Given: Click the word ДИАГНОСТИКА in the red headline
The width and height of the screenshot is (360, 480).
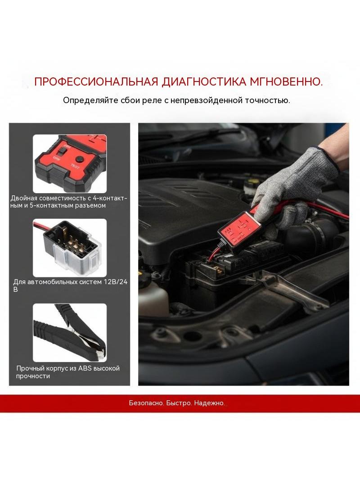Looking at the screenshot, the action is [x=204, y=82].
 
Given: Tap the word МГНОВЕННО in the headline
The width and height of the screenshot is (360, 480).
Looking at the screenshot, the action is [x=286, y=82].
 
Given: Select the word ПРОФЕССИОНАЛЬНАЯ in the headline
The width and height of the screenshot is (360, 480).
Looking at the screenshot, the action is [x=96, y=82].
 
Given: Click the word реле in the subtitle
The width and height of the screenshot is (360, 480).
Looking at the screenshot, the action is [x=152, y=101].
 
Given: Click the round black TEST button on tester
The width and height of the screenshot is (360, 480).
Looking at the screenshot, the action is [x=80, y=159].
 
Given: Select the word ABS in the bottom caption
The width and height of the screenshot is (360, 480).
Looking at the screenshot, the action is [x=85, y=368].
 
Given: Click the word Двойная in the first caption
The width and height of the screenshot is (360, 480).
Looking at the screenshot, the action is [x=25, y=199].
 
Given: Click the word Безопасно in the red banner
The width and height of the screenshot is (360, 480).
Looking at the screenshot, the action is [x=147, y=403].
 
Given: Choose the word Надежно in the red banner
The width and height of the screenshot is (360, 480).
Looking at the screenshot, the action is [x=209, y=403].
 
